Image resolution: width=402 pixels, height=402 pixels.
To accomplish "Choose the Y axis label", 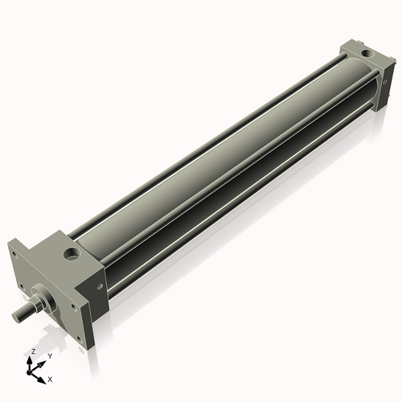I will click(50, 355).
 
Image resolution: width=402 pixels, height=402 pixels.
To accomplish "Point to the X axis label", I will click(51, 378).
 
